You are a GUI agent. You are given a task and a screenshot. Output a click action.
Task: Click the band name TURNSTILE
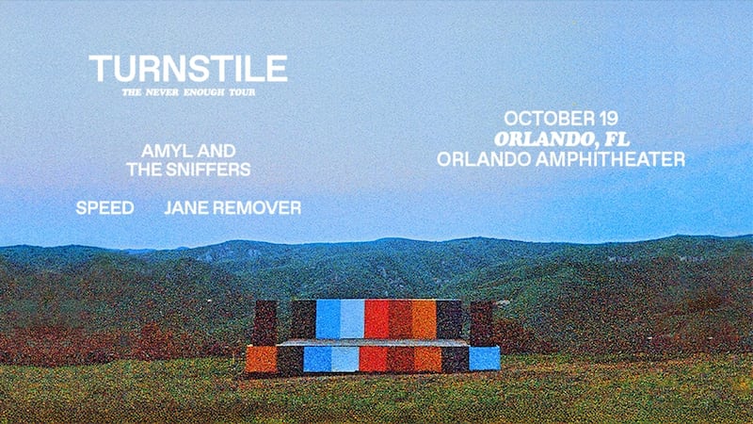pyautogui.click(x=188, y=68)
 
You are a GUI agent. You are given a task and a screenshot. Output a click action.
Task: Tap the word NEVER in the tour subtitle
pyautogui.click(x=162, y=92)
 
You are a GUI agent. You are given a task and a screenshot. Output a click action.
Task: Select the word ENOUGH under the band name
pyautogui.click(x=203, y=92)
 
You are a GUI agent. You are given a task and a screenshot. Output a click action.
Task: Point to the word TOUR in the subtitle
pyautogui.click(x=242, y=92)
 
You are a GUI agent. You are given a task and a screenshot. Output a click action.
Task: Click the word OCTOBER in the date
pyautogui.click(x=542, y=119)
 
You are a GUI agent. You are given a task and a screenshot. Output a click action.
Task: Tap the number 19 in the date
pyautogui.click(x=602, y=119)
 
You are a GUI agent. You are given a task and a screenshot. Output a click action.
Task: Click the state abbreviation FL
pyautogui.click(x=617, y=139)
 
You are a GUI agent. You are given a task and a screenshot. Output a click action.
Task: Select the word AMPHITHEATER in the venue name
pyautogui.click(x=610, y=159)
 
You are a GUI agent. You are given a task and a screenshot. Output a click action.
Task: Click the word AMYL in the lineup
pyautogui.click(x=161, y=151)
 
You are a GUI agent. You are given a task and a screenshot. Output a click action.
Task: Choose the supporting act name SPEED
pyautogui.click(x=104, y=207)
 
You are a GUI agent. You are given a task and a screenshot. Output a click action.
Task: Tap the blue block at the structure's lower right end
pyautogui.click(x=484, y=359)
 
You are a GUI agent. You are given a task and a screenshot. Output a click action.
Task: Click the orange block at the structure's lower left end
pyautogui.click(x=262, y=359)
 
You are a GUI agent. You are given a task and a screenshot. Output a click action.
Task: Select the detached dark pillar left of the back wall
pyautogui.click(x=264, y=322)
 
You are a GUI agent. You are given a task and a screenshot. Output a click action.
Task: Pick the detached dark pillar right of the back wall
pyautogui.click(x=481, y=323)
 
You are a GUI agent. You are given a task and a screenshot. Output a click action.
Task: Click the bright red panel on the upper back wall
pyautogui.click(x=376, y=319)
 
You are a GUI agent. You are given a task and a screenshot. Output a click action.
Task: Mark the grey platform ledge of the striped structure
pyautogui.click(x=373, y=342)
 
